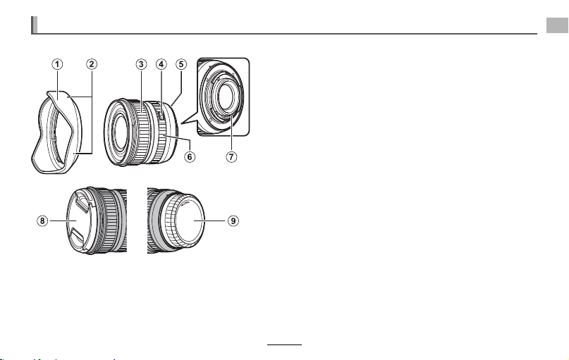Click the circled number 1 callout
pyautogui.click(x=57, y=64)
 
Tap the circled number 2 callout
pyautogui.click(x=92, y=64)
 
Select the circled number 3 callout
pyautogui.click(x=141, y=64)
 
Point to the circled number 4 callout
pyautogui.click(x=161, y=64)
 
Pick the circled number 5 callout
pyautogui.click(x=181, y=64)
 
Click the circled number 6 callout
pyautogui.click(x=190, y=156)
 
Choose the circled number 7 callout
pyautogui.click(x=231, y=156)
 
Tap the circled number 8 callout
pyautogui.click(x=42, y=221)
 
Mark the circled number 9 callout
pyautogui.click(x=233, y=221)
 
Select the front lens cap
pyautogui.click(x=79, y=220)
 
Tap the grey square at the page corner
pyautogui.click(x=558, y=25)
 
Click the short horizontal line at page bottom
pyautogui.click(x=285, y=345)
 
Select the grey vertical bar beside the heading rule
pyautogui.click(x=34, y=25)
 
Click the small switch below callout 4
pyautogui.click(x=162, y=116)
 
